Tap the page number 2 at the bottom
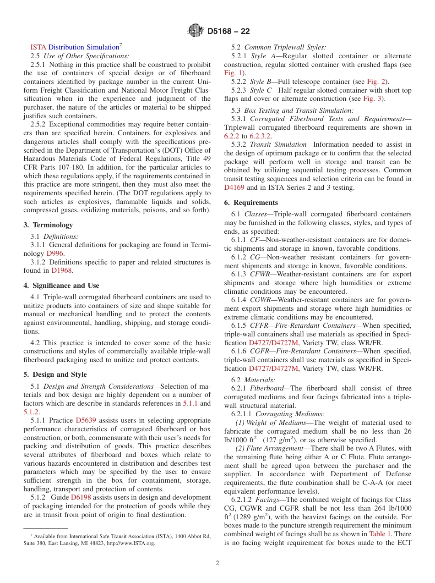coord(217,563)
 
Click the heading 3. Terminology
coord(48,225)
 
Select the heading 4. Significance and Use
coord(61,285)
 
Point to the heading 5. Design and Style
coord(55,374)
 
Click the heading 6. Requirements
coord(251,203)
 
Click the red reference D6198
coord(81,497)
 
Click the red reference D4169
coord(234,187)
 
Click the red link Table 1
coord(380,534)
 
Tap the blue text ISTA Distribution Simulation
coord(75,47)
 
